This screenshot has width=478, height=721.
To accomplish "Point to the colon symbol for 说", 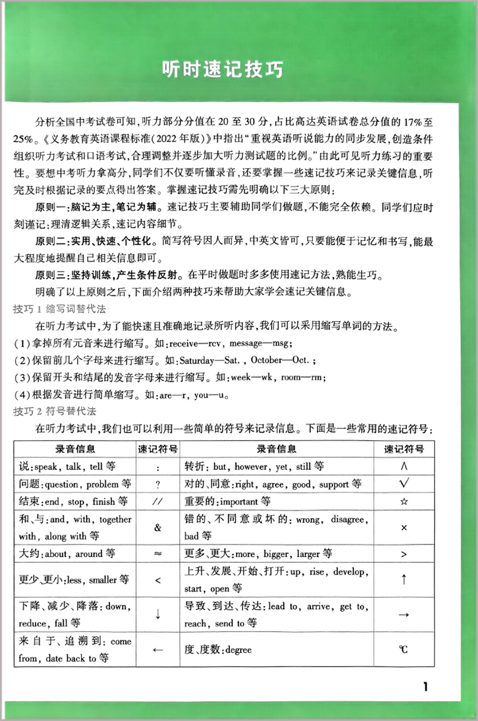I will (157, 467).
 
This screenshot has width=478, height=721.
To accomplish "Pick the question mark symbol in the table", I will (157, 484).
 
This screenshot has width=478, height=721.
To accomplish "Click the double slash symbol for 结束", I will (157, 501).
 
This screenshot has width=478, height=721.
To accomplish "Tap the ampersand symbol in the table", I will (158, 527).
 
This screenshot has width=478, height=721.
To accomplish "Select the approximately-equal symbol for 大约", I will (157, 553).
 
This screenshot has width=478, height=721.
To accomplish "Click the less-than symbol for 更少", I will (157, 579).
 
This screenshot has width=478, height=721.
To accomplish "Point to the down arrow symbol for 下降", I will (157, 614).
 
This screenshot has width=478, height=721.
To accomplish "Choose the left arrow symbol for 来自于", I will (157, 650).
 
